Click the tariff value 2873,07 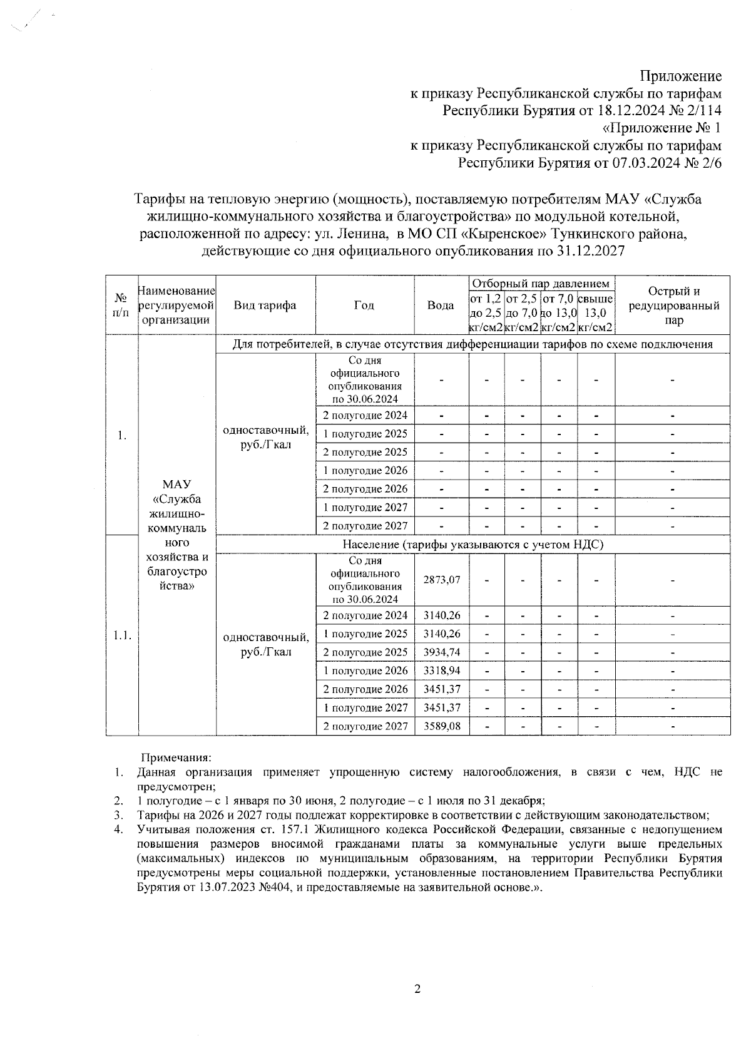point(441,580)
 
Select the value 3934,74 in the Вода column point(441,652)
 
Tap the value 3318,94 point(441,670)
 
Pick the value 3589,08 point(441,726)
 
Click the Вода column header point(441,306)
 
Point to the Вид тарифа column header point(265,306)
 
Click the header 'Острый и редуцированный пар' point(673,306)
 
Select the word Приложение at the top point(680,76)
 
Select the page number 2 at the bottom point(417,989)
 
